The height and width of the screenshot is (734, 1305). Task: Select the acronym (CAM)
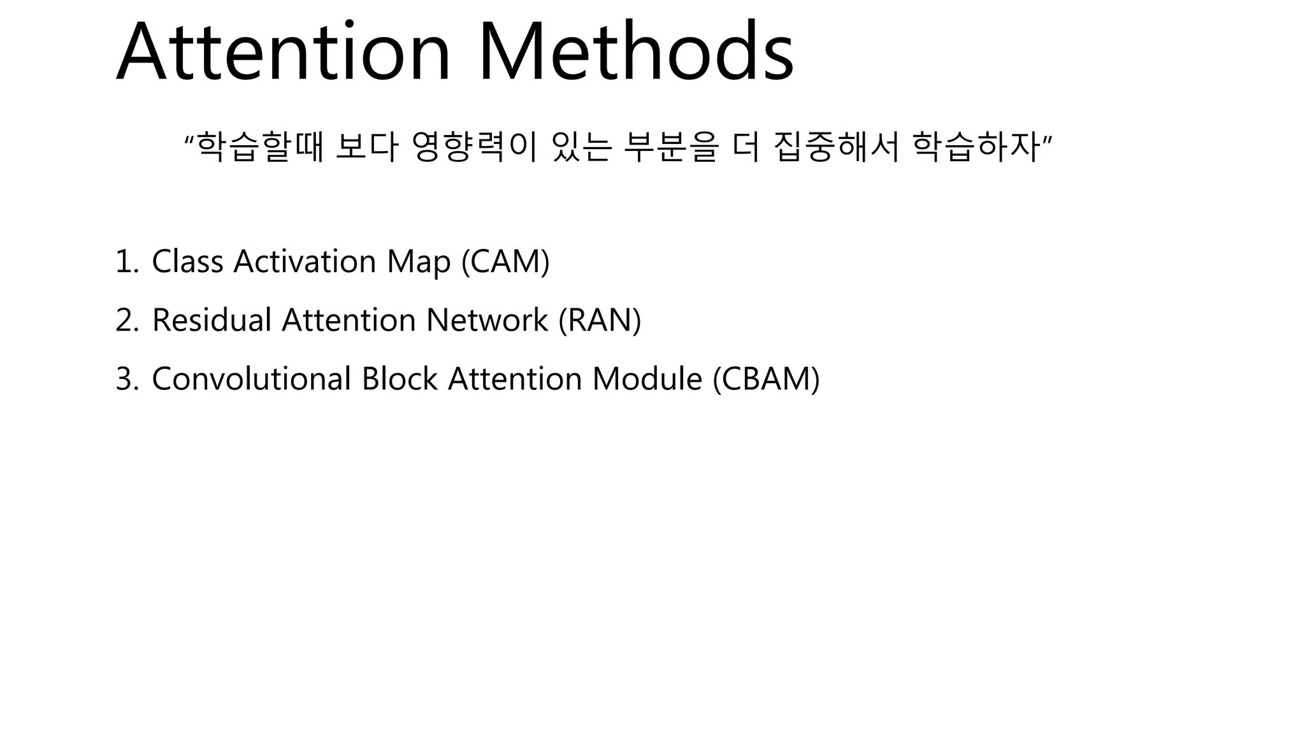click(505, 261)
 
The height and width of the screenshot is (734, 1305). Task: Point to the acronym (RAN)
click(600, 320)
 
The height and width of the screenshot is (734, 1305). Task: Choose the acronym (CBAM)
click(766, 378)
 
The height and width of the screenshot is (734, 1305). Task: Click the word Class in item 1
click(187, 261)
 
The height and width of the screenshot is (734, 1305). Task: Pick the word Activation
click(305, 261)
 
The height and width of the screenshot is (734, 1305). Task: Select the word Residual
click(212, 320)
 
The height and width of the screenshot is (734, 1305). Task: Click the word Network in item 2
click(487, 320)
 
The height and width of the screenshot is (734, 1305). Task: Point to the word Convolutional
click(251, 378)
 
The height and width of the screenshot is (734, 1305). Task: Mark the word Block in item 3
click(400, 378)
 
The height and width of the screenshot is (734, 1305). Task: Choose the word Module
click(647, 378)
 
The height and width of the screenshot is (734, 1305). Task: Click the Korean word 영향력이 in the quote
click(474, 147)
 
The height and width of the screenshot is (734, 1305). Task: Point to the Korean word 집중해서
click(836, 147)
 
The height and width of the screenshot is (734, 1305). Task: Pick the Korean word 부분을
click(671, 147)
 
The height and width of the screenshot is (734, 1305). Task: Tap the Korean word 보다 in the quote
click(366, 147)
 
